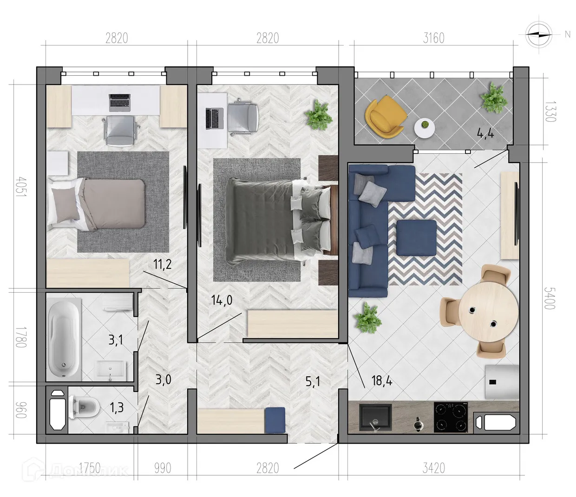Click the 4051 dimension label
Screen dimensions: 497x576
21,186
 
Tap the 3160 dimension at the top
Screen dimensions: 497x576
433,38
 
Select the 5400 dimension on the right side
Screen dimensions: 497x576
550,298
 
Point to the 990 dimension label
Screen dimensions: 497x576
163,468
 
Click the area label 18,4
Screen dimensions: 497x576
382,381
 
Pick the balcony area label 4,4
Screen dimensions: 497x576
485,134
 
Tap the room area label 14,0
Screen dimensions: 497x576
222,300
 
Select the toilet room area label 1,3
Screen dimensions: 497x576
117,407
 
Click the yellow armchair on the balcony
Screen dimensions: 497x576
385,117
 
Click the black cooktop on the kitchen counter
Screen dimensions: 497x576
451,417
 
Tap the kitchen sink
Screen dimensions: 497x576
375,418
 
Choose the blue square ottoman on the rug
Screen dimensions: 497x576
417,237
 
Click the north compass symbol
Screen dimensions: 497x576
539,34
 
